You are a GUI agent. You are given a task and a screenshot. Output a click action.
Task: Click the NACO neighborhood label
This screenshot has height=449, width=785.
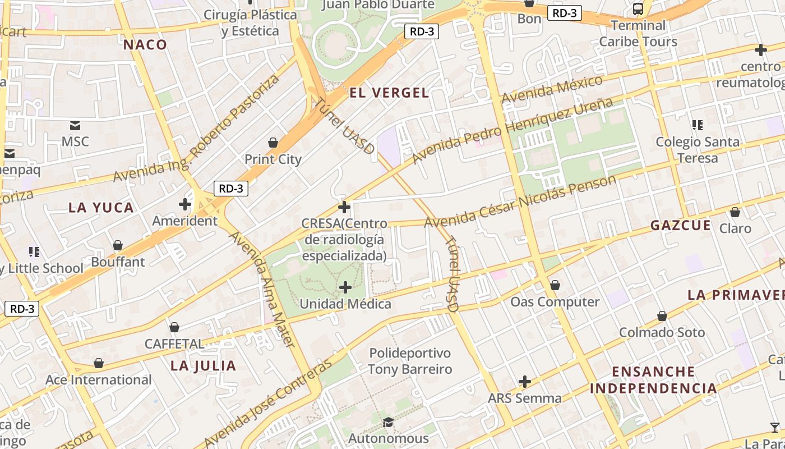[x=145, y=45]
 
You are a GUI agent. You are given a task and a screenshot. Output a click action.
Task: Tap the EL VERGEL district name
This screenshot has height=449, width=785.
[x=389, y=93]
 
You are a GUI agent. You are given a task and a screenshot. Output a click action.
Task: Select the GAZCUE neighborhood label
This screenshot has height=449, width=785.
[x=680, y=226]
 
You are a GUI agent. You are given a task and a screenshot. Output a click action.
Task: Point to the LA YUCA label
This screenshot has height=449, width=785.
[x=101, y=208]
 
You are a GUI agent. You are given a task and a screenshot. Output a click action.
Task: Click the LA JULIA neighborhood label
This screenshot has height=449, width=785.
[x=203, y=366]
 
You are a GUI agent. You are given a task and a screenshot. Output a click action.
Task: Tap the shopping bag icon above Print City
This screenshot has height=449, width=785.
[x=273, y=143]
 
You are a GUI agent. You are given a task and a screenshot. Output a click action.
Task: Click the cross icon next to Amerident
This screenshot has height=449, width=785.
[x=185, y=204]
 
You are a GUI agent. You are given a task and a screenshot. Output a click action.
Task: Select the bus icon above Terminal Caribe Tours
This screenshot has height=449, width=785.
[x=638, y=9]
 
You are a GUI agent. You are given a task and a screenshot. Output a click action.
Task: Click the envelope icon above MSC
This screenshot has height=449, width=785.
[x=75, y=125]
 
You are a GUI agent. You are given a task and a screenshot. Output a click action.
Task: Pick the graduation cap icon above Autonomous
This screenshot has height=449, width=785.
[x=387, y=422]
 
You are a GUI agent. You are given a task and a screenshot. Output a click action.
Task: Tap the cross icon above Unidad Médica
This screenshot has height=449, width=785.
[x=345, y=287]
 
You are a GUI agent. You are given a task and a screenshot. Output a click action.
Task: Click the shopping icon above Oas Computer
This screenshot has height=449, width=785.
[x=555, y=285]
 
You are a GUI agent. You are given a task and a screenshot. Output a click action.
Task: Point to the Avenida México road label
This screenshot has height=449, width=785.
[x=552, y=89]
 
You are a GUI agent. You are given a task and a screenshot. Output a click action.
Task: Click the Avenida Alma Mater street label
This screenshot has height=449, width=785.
[x=262, y=288]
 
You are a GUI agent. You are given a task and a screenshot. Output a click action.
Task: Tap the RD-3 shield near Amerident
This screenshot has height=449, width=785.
[x=230, y=189]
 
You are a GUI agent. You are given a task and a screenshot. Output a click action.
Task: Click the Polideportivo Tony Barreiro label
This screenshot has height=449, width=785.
[x=409, y=361]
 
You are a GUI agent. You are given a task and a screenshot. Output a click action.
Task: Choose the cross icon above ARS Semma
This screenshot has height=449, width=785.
[x=524, y=382]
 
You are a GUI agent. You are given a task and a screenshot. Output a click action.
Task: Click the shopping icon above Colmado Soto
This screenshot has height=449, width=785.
[x=662, y=316]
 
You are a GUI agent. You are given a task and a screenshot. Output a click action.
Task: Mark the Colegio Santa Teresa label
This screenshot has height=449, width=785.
[x=698, y=150]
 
